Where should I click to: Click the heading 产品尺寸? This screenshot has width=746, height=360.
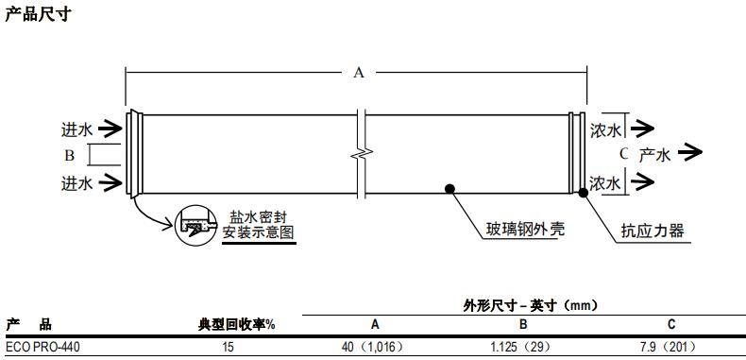click(x=38, y=14)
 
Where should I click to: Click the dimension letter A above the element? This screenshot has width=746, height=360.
click(x=359, y=73)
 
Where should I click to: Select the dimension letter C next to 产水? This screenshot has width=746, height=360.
click(x=623, y=153)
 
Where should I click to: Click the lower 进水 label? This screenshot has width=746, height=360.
click(x=77, y=182)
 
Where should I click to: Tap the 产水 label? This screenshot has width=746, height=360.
click(x=654, y=154)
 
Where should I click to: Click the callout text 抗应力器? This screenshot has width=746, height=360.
click(x=652, y=231)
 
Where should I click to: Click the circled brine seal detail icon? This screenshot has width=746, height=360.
click(x=197, y=226)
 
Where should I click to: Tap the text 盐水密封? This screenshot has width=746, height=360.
click(x=259, y=215)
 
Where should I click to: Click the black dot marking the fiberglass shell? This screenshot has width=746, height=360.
click(x=450, y=188)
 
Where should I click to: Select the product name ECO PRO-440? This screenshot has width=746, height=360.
click(x=43, y=348)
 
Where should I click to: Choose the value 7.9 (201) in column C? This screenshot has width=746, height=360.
click(x=671, y=348)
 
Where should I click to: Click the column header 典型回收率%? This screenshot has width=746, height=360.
click(x=236, y=325)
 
